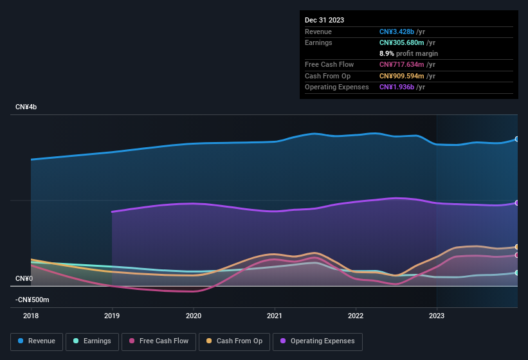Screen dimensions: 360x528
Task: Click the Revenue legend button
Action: coord(37,341)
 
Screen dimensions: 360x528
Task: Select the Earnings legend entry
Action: coord(92,341)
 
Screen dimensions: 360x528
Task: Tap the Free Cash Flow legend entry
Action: coord(159,341)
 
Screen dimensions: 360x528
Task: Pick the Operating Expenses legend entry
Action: coord(318,341)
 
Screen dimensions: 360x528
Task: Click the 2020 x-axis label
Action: coord(194,316)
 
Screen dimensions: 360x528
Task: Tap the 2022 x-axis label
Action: coord(356,316)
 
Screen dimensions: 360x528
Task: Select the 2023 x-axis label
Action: coord(437,316)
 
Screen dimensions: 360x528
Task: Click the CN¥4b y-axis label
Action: coord(26,107)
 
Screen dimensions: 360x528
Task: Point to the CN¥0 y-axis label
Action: coord(24,278)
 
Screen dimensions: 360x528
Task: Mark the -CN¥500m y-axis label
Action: coord(32,300)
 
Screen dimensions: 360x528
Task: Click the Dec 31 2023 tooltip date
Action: coord(324,20)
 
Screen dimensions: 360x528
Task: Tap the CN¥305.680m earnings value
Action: coord(401,42)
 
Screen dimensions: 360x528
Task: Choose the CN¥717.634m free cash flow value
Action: coord(401,64)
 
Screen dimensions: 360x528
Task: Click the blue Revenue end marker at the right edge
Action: coord(516,139)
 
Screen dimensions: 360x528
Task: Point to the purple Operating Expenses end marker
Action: coord(516,203)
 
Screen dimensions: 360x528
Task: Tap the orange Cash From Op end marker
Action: coord(516,247)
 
